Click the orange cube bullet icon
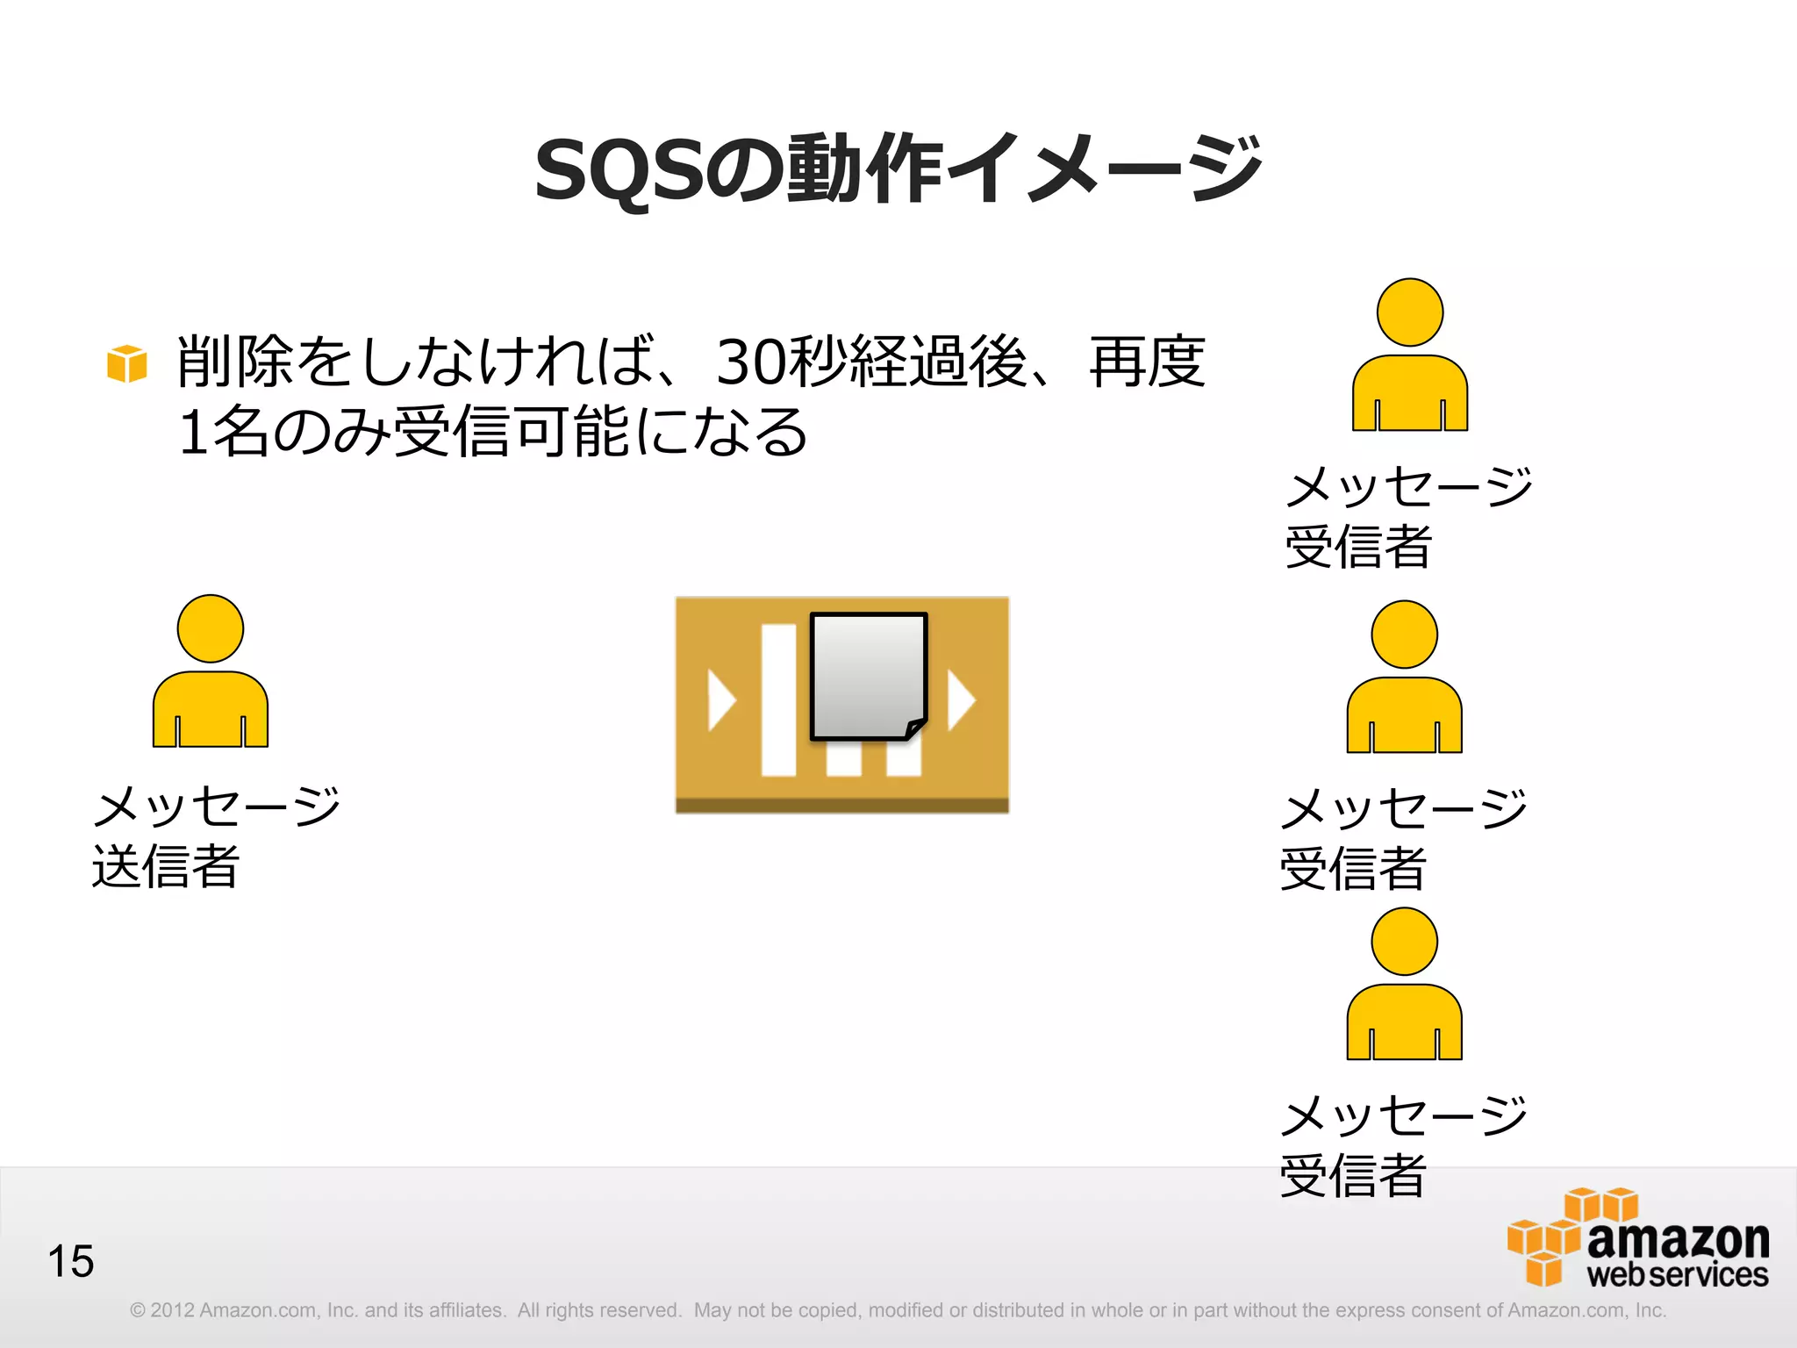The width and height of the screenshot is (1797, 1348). tap(126, 363)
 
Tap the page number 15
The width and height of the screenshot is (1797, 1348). tap(70, 1261)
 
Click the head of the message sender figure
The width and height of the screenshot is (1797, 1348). tap(211, 628)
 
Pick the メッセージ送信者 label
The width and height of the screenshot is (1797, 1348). tap(215, 836)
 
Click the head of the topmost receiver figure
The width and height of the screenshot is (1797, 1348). tap(1410, 312)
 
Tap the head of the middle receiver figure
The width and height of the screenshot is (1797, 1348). tap(1404, 635)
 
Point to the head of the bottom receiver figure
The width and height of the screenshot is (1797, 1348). tap(1404, 941)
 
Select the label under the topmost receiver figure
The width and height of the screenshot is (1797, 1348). tap(1407, 517)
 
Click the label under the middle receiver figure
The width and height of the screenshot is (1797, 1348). tap(1402, 838)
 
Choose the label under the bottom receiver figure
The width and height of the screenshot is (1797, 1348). tap(1402, 1145)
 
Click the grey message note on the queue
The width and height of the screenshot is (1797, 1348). tap(867, 674)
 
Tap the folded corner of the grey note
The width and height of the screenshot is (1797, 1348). tap(914, 728)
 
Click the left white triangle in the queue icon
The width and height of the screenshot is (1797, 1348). tap(720, 700)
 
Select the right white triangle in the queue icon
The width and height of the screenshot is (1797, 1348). tap(960, 700)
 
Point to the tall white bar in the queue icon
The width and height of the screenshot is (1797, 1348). tap(778, 700)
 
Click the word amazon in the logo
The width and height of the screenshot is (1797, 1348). tap(1678, 1239)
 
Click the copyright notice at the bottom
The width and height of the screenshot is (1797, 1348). tap(898, 1310)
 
